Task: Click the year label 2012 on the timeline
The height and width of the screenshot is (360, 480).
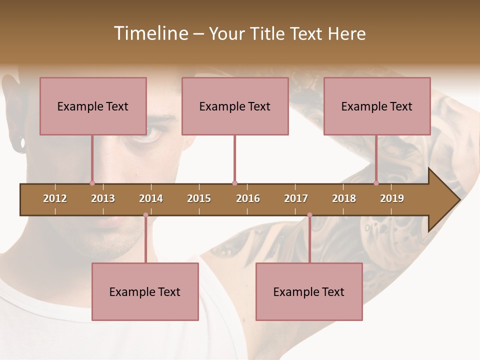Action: [x=55, y=198]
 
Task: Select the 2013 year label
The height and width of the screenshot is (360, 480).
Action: [x=103, y=198]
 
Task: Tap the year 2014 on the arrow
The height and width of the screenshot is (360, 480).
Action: [x=151, y=198]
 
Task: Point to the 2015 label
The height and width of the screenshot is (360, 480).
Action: [x=199, y=198]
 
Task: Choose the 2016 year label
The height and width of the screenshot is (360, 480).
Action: [x=248, y=198]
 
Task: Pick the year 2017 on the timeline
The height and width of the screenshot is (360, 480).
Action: [x=296, y=198]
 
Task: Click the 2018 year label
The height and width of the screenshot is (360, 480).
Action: [x=344, y=198]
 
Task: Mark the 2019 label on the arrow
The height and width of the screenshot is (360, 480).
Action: [x=392, y=198]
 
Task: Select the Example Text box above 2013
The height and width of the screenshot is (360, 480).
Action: [x=93, y=106]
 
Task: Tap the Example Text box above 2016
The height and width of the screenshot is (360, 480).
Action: [x=235, y=106]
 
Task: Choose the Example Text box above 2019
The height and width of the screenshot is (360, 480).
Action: [x=377, y=106]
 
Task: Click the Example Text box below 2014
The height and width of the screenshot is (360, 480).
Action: [x=145, y=291]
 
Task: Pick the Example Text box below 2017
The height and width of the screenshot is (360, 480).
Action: [x=309, y=291]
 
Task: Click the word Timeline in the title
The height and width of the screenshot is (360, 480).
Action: [x=150, y=33]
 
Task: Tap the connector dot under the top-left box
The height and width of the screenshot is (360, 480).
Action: [x=92, y=183]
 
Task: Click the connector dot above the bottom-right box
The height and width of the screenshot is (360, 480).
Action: [x=309, y=215]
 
